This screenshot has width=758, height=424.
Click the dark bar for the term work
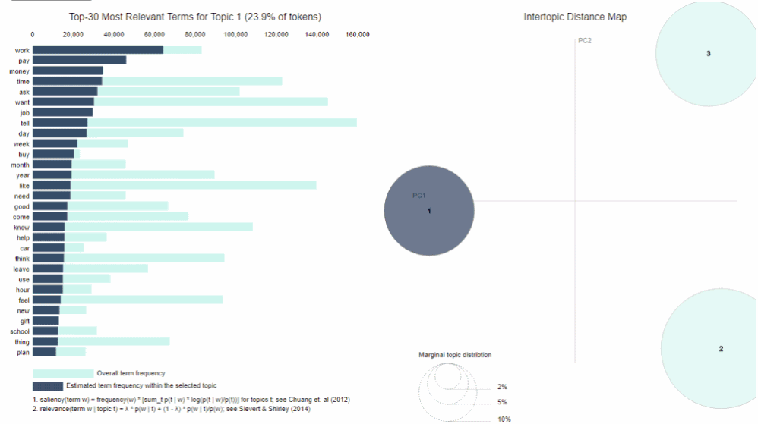(97, 50)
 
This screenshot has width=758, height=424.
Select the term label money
(19, 71)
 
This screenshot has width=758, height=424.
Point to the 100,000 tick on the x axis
(235, 35)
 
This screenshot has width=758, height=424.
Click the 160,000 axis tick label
(357, 35)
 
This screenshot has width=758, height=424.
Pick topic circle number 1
(429, 210)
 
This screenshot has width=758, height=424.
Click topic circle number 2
(720, 349)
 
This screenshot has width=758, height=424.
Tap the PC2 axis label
(585, 40)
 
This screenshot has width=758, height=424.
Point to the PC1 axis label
(419, 196)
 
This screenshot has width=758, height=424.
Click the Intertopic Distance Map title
(575, 17)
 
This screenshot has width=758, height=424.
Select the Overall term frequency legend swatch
(62, 373)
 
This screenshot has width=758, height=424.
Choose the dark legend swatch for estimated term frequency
(47, 386)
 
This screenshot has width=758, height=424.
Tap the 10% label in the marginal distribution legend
(504, 419)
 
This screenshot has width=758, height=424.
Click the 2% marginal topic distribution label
(501, 387)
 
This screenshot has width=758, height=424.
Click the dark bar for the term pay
(79, 60)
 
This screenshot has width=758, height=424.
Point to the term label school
(19, 331)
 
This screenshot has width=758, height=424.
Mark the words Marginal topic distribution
(454, 355)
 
